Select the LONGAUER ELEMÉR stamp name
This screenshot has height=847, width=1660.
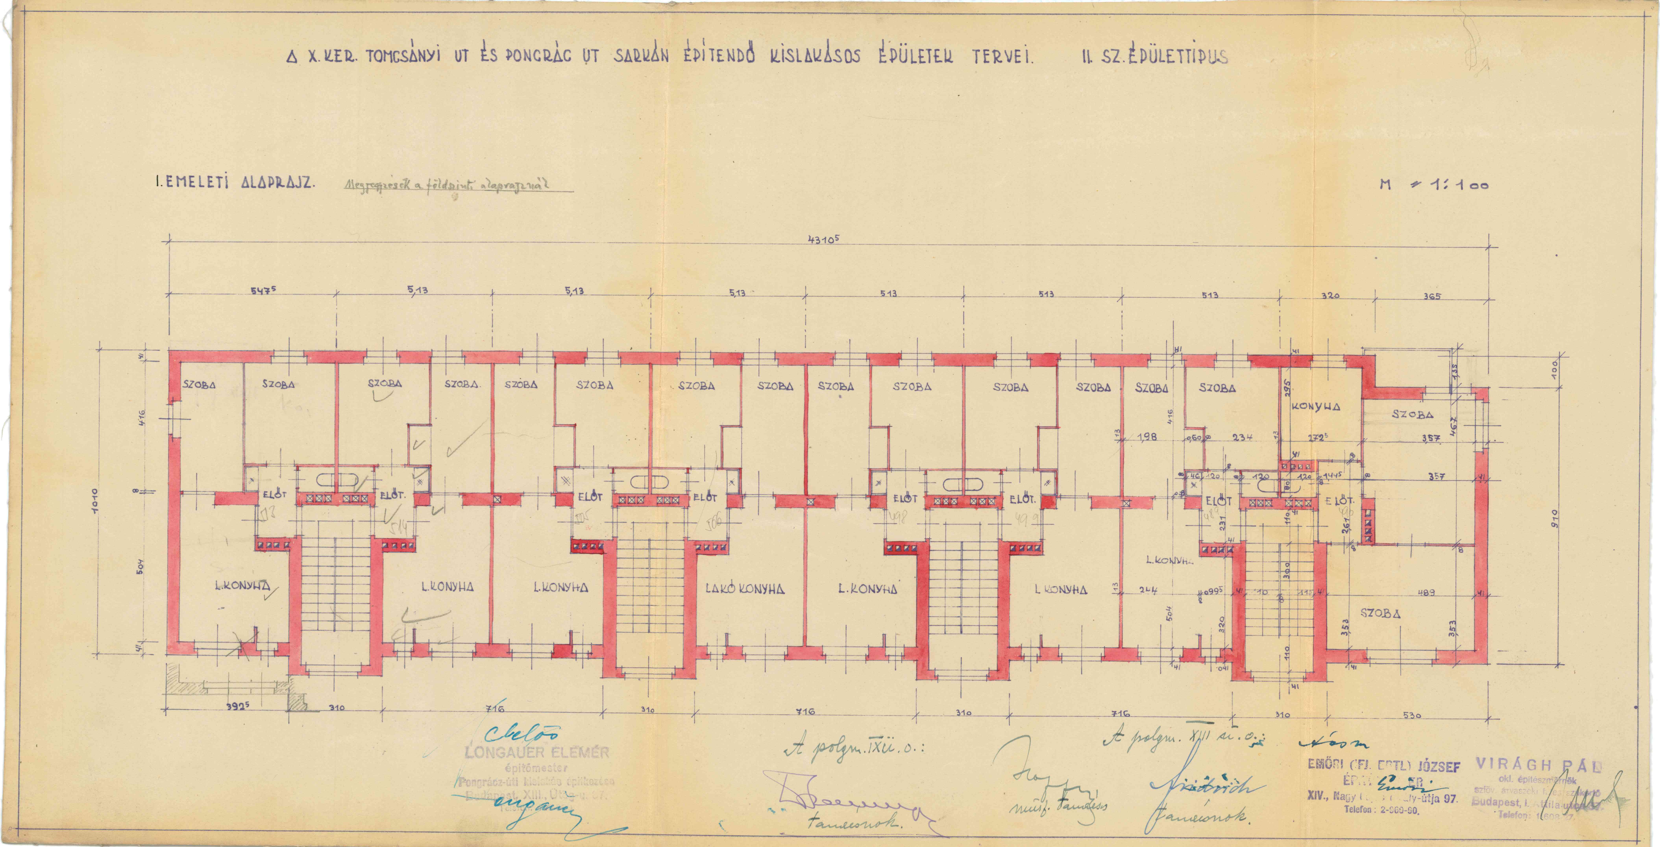536,752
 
